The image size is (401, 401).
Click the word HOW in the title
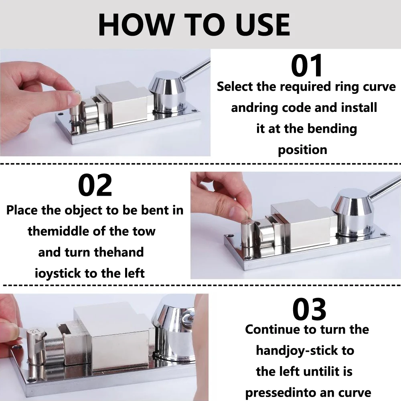pyautogui.click(x=136, y=24)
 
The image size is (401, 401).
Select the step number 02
pyautogui.click(x=95, y=185)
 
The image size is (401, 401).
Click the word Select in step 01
pyautogui.click(x=235, y=87)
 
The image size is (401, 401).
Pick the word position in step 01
pyautogui.click(x=302, y=150)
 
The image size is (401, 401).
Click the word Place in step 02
pyautogui.click(x=22, y=210)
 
